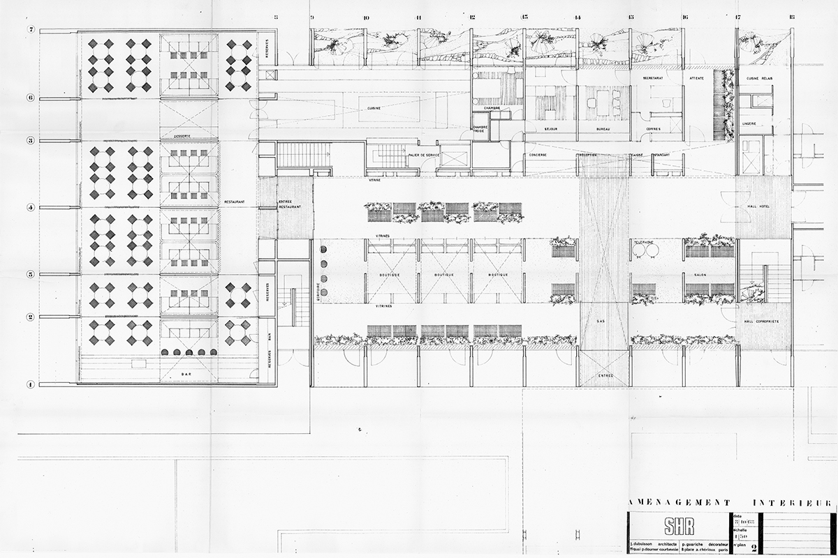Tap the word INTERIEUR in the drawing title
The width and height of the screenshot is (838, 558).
(793, 502)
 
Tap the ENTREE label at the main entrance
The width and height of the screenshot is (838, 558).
(604, 375)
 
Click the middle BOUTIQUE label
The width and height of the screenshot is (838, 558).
(443, 275)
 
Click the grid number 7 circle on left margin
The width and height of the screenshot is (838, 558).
(31, 29)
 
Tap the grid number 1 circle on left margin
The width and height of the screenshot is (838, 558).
(31, 384)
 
